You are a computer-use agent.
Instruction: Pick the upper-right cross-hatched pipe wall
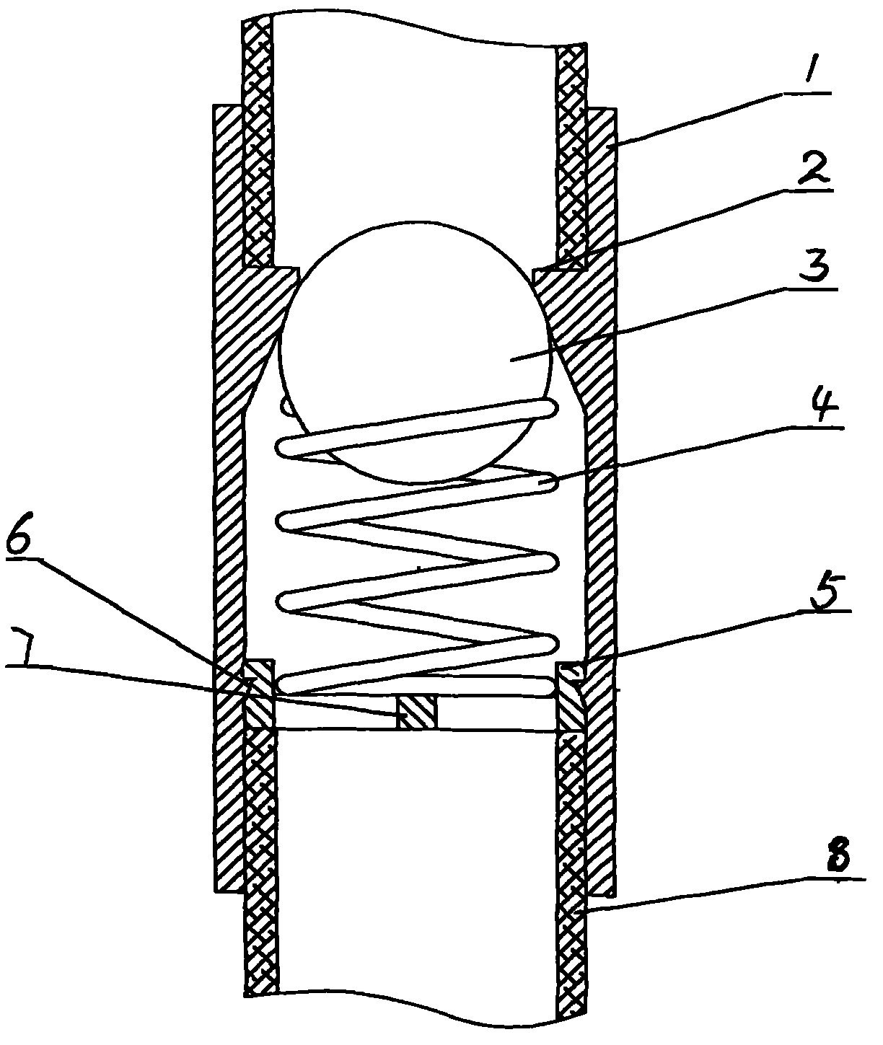pyautogui.click(x=573, y=151)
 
